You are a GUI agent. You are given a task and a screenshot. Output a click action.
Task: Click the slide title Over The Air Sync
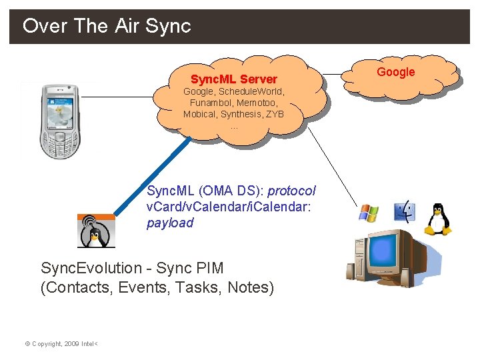tap(107, 26)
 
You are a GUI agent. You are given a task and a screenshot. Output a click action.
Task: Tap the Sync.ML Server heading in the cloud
tap(233, 79)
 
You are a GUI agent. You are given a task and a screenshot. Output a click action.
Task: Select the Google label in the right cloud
tap(396, 72)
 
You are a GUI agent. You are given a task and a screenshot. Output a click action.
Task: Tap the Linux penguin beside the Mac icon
tap(438, 218)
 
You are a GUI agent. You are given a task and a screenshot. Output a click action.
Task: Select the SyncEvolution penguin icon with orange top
tap(96, 231)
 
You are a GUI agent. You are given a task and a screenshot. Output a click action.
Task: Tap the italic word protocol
tap(291, 191)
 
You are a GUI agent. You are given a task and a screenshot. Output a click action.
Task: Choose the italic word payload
tap(170, 223)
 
